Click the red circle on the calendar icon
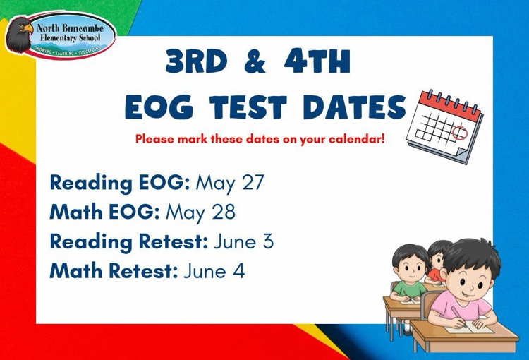[458, 131]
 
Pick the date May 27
[230, 183]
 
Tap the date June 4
[214, 270]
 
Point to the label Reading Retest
[129, 241]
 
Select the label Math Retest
[114, 270]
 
